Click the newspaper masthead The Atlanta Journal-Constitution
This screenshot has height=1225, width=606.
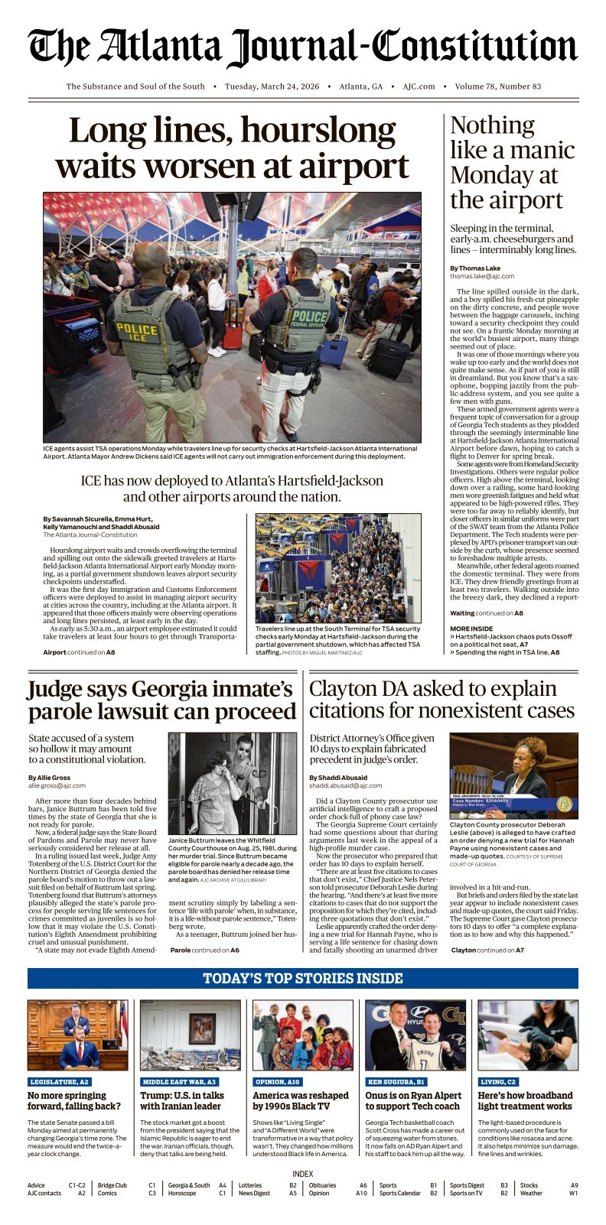pos(303,47)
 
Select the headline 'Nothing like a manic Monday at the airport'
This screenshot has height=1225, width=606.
pos(511,162)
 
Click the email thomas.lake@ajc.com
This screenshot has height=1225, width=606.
pos(482,276)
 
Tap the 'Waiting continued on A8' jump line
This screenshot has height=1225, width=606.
pos(487,613)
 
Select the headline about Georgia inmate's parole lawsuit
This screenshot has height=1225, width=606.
pos(161,700)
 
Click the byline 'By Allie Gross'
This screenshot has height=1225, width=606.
pos(49,778)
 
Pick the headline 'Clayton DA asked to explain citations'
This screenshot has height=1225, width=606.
pos(441,700)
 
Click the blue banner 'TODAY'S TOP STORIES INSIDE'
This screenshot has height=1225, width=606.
pos(303,979)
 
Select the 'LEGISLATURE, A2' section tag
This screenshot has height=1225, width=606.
pos(59,1082)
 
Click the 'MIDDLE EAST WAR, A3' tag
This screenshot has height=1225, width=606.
pos(179,1082)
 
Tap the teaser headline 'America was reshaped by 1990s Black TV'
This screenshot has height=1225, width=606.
pos(301,1101)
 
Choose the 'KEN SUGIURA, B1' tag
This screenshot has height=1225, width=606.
pos(396,1082)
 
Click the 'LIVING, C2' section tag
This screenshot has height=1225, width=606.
pos(498,1082)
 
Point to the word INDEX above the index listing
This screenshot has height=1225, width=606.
pos(303,1174)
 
